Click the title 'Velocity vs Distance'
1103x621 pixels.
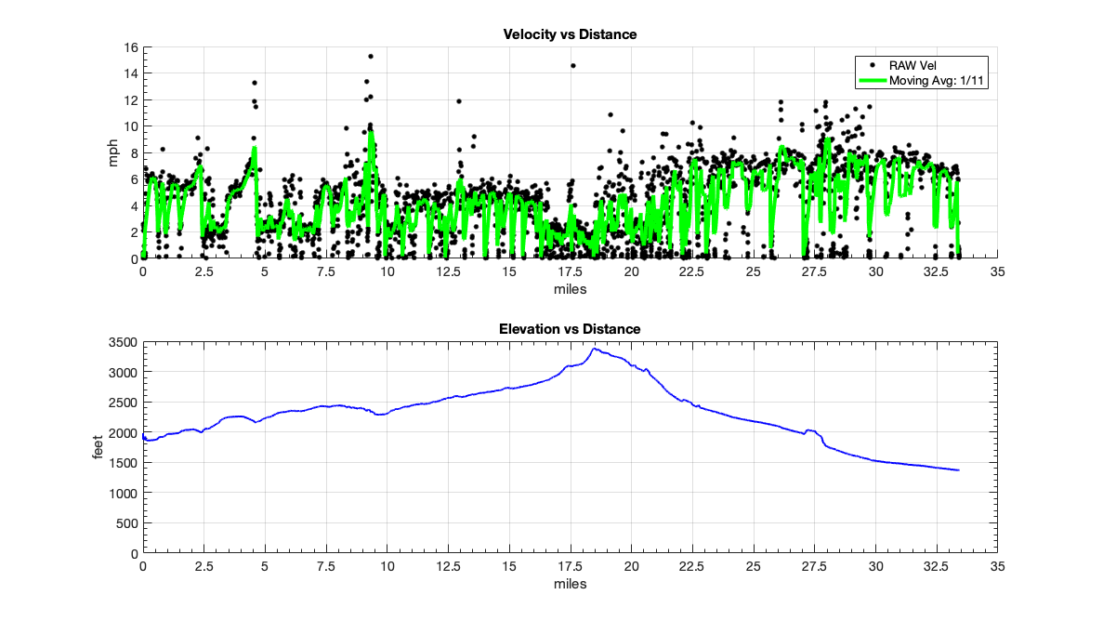570,34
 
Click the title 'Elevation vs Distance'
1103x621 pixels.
570,329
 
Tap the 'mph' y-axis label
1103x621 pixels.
114,152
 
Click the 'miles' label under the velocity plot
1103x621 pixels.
570,288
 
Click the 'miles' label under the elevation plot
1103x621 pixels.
570,584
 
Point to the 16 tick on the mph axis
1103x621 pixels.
131,47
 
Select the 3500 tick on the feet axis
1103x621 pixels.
124,343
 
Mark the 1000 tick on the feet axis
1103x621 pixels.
124,493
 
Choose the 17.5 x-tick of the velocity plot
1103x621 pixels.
570,272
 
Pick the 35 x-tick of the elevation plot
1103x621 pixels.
997,567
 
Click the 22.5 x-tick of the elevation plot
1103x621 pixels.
692,567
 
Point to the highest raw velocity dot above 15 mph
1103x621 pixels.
370,57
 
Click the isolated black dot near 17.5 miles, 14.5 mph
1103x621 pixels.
573,66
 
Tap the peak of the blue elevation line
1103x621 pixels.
594,349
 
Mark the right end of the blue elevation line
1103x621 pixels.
958,470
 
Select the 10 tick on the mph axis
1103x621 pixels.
131,126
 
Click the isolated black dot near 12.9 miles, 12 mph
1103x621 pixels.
458,101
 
